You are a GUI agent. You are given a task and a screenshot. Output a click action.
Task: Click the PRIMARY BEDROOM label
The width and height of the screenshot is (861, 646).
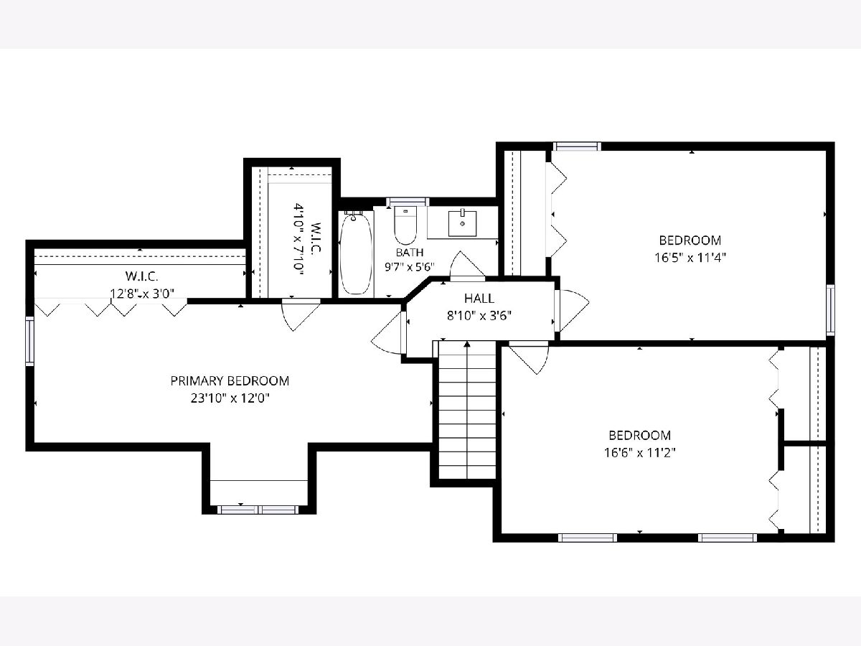coord(230,381)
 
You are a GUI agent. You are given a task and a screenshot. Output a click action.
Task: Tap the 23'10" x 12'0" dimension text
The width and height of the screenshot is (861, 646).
coord(230,398)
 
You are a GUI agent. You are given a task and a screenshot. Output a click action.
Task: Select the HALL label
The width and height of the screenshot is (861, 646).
coord(479,299)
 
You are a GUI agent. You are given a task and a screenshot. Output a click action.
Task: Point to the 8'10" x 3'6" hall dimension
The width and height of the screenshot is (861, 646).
coord(479,316)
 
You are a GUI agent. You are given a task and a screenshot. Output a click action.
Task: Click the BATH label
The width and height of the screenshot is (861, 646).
coord(410,252)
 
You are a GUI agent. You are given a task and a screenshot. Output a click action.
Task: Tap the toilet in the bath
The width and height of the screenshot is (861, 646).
coord(405,225)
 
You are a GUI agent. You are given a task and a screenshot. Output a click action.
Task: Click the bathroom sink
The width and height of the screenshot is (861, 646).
coord(463,223)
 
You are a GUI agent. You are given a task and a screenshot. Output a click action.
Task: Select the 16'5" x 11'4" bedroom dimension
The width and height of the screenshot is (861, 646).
coord(690,258)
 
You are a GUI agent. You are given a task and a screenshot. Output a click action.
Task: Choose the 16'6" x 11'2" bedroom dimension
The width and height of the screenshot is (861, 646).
coord(640,453)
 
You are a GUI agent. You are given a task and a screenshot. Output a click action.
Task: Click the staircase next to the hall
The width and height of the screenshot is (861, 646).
coord(467,410)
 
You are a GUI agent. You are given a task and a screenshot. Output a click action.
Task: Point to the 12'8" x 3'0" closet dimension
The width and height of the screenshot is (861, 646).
coord(141,294)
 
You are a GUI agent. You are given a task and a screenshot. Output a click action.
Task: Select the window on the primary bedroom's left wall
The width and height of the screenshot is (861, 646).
coord(30,340)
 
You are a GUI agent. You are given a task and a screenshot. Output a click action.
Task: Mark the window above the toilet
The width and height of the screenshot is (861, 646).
coord(408,202)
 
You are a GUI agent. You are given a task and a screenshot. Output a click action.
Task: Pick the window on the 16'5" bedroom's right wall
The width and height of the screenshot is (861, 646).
coord(830,310)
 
